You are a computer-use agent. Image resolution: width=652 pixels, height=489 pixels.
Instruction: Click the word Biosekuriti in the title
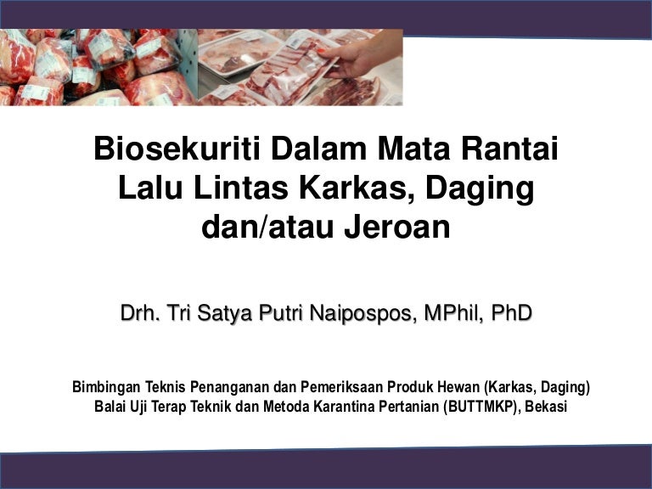tap(177, 149)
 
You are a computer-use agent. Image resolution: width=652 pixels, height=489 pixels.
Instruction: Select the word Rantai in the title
tap(509, 149)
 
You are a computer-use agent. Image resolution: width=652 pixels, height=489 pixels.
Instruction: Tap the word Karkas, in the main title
tap(358, 188)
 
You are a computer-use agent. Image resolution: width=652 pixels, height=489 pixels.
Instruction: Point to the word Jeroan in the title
tap(397, 227)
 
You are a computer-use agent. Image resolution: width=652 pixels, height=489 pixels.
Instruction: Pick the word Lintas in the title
tap(241, 188)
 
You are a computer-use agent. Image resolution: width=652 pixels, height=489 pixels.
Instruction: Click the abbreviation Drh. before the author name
tap(140, 312)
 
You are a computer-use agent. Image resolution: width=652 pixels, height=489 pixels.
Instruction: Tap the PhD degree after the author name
tap(511, 312)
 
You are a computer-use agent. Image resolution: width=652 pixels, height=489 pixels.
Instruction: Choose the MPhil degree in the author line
tap(454, 313)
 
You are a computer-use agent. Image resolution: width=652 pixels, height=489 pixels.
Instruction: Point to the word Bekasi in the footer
tap(546, 406)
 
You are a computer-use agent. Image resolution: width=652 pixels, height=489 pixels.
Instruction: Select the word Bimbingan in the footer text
tap(106, 387)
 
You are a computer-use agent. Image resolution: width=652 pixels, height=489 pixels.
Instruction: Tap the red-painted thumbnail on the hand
tap(322, 51)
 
